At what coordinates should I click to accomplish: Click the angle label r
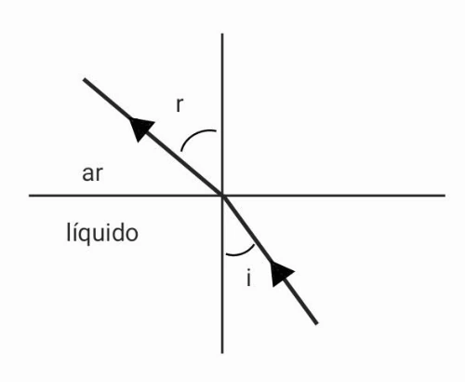179,104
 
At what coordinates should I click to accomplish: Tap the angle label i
248,278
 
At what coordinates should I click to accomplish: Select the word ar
92,174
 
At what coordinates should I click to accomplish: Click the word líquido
102,232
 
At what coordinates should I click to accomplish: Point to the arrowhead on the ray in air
141,128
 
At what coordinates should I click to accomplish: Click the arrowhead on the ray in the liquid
281,273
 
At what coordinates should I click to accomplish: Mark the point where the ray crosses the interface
222,196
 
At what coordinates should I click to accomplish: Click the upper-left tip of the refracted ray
84,79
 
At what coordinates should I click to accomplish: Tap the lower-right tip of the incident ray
317,323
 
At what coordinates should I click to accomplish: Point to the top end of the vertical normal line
222,34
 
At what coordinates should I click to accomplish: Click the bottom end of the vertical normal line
222,353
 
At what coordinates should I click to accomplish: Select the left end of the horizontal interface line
29,196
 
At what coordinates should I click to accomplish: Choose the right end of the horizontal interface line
445,196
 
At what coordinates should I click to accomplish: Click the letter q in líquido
82,236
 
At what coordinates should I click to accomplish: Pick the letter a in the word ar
87,174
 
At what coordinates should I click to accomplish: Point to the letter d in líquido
118,232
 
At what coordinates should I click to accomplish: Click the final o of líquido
132,234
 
